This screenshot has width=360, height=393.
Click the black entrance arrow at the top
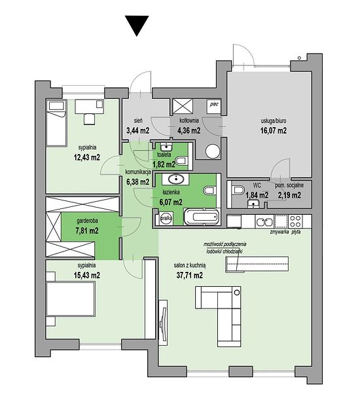(x=137, y=25)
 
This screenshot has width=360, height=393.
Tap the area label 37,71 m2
(x=190, y=275)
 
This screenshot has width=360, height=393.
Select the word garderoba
(x=87, y=221)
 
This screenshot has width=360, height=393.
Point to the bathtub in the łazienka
(x=202, y=217)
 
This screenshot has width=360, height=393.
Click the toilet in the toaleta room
(x=181, y=160)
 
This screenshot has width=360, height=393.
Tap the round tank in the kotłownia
(x=213, y=151)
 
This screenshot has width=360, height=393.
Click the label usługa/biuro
(x=274, y=121)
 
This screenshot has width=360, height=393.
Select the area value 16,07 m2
(x=274, y=130)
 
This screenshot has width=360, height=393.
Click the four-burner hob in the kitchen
(x=295, y=221)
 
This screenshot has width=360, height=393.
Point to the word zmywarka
(x=279, y=232)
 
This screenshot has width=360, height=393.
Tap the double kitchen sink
(x=264, y=221)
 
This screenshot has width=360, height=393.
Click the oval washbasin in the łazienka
(x=176, y=179)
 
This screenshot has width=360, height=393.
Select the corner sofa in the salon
(x=218, y=316)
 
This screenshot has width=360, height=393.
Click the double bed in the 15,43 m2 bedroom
(x=71, y=299)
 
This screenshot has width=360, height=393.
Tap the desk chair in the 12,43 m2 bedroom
(x=90, y=119)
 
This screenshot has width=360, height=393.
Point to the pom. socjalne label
(x=289, y=185)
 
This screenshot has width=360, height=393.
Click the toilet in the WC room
(x=238, y=190)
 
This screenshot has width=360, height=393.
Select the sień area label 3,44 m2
(x=138, y=130)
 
